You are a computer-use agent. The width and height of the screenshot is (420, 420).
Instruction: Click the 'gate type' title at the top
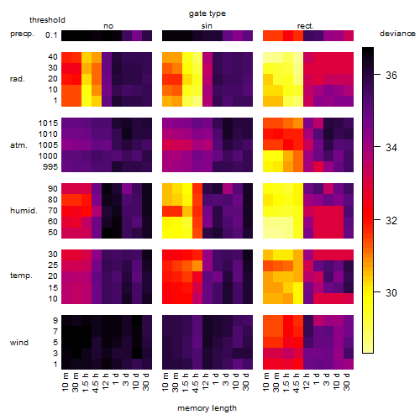tap(207, 13)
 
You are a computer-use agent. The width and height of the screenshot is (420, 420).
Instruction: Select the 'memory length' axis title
tap(207, 408)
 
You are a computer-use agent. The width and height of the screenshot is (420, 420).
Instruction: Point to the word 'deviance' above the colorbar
tap(397, 34)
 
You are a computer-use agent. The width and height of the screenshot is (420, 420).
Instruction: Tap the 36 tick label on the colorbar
tap(391, 75)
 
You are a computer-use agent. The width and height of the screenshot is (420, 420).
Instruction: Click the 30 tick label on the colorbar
tap(391, 293)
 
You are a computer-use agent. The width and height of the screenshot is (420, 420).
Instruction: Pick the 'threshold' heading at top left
tap(47, 20)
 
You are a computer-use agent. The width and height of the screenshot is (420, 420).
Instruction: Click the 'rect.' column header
tap(306, 26)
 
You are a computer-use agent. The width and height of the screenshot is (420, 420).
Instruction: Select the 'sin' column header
tap(207, 26)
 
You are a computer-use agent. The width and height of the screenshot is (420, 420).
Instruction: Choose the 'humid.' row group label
tap(24, 211)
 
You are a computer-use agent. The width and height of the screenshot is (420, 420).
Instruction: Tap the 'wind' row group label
tap(19, 343)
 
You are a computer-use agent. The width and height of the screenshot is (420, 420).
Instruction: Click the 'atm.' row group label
tap(18, 145)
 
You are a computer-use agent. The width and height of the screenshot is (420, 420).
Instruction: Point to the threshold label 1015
tap(48, 123)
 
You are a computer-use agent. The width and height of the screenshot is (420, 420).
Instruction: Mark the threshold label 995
tap(50, 167)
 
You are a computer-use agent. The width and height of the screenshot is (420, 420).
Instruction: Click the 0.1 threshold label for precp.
tap(51, 35)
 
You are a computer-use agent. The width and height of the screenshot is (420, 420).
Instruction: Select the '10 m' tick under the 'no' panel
tap(66, 381)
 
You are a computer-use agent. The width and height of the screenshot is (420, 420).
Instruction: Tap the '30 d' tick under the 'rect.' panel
tap(347, 381)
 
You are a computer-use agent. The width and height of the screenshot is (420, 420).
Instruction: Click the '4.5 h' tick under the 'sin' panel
tap(196, 382)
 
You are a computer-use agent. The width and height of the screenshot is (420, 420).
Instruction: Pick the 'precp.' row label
tap(22, 34)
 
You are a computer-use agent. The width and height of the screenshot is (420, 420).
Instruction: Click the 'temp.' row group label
tap(21, 276)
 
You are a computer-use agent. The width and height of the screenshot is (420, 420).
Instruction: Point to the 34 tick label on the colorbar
tap(391, 148)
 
